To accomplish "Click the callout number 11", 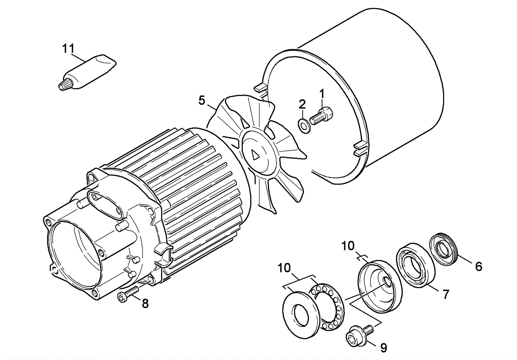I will [68, 49].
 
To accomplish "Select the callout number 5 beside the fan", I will [202, 101].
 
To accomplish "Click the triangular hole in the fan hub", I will [255, 155].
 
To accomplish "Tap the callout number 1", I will [322, 94].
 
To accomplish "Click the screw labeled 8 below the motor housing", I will [127, 294].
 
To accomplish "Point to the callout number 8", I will [145, 303].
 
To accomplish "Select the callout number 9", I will [383, 348].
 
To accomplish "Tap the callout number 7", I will [446, 294].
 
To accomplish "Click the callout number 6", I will [479, 267].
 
